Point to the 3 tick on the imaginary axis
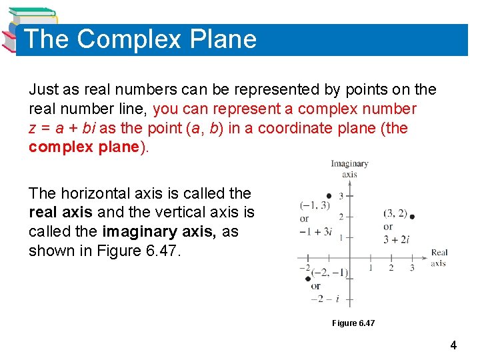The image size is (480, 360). pyautogui.click(x=341, y=196)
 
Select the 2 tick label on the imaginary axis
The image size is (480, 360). pyautogui.click(x=341, y=217)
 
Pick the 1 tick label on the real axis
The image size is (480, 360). pyautogui.click(x=371, y=268)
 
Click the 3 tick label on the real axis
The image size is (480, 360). pyautogui.click(x=412, y=268)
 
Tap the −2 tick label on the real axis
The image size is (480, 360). pyautogui.click(x=304, y=267)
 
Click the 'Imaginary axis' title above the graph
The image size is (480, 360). pyautogui.click(x=349, y=169)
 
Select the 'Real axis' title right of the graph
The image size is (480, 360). pyautogui.click(x=439, y=257)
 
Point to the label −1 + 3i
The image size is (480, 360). pyautogui.click(x=315, y=231)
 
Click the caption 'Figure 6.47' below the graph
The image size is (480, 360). pyautogui.click(x=353, y=323)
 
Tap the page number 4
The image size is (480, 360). pyautogui.click(x=453, y=345)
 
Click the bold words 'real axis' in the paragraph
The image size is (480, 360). pyautogui.click(x=61, y=212)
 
